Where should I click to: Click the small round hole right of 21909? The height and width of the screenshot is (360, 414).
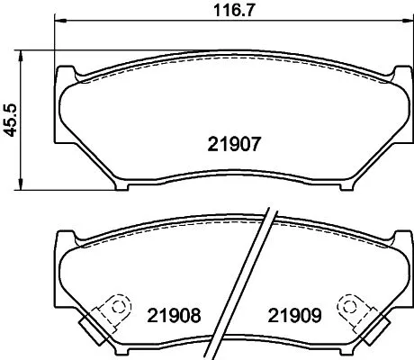pyautogui.click(x=347, y=305)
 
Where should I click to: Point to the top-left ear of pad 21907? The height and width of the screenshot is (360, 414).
pyautogui.click(x=66, y=72)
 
